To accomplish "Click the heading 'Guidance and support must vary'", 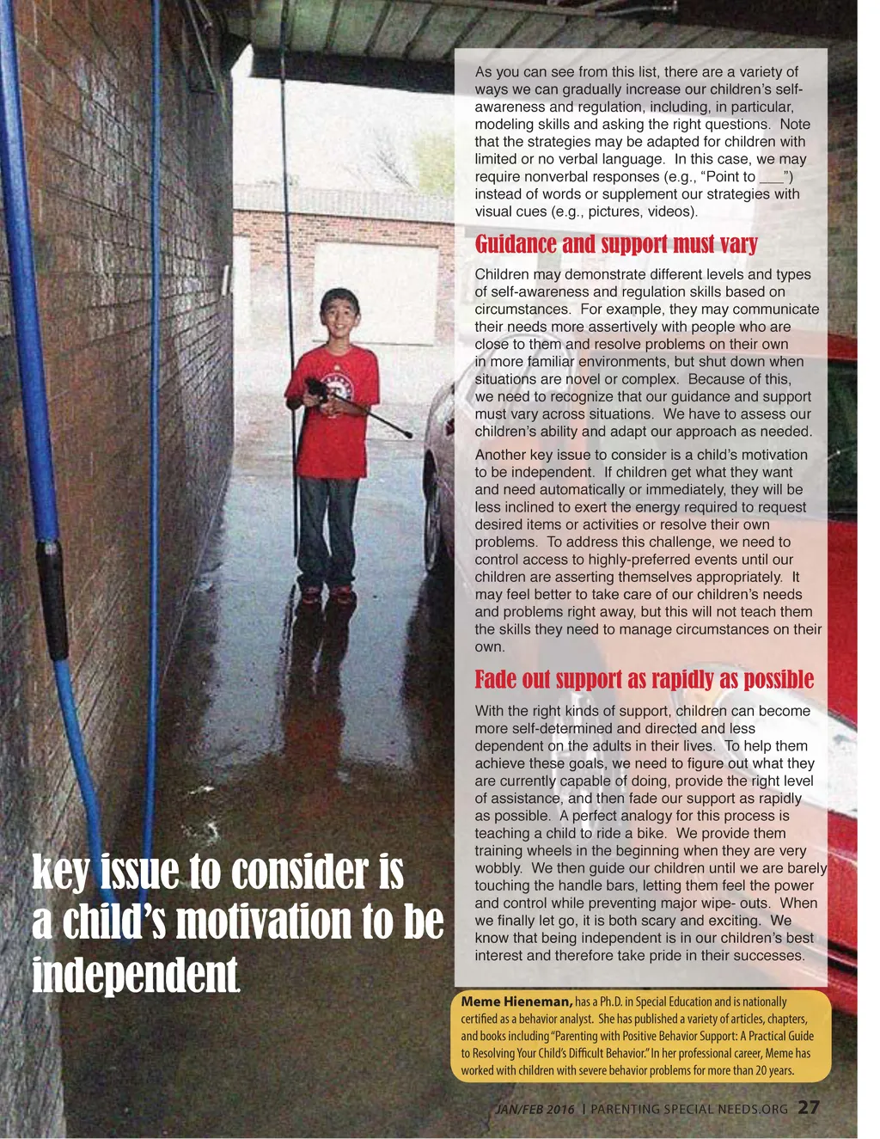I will pos(616,244).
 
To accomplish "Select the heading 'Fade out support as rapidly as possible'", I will pos(644,680).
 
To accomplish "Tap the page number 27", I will pos(808,1107).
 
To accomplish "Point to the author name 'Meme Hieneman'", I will pos(516,1001).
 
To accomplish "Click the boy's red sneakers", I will pos(327,592).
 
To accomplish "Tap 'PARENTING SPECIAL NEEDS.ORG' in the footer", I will pos(688,1109).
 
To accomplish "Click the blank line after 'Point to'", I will pos(771,177).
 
